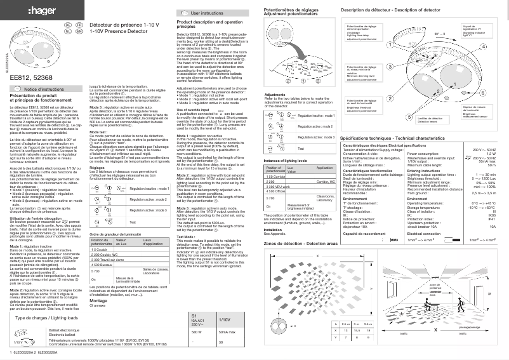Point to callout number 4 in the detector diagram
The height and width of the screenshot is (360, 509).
tap(484, 48)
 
